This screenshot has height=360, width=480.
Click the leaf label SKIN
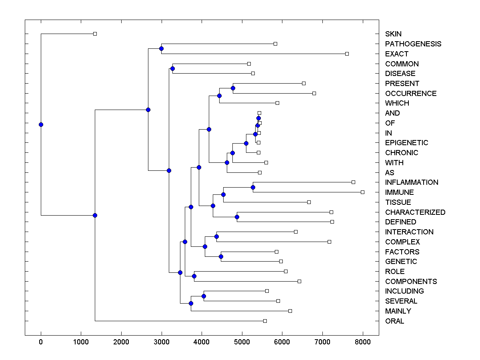(x=394, y=34)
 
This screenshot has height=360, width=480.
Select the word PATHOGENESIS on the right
(x=413, y=44)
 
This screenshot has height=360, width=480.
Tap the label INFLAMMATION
(x=412, y=182)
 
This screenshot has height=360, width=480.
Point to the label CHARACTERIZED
(x=415, y=212)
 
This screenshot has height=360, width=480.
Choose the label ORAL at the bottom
(x=394, y=321)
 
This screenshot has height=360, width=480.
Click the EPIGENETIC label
(x=406, y=143)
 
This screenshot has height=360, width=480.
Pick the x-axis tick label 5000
(x=242, y=342)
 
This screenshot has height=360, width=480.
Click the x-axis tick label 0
(x=41, y=342)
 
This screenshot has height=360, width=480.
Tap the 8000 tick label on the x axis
(x=362, y=342)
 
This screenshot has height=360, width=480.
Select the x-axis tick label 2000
(x=121, y=342)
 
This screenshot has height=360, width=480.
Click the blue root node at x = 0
(x=41, y=124)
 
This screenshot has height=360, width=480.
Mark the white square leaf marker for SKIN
(x=95, y=34)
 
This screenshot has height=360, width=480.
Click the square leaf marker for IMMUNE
(x=362, y=192)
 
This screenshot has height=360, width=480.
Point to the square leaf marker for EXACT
(x=347, y=54)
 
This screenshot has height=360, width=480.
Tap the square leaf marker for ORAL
(x=265, y=321)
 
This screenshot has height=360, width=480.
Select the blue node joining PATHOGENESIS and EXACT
(x=161, y=49)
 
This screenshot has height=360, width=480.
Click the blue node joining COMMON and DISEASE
(x=172, y=68)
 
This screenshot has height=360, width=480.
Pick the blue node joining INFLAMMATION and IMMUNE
(x=253, y=187)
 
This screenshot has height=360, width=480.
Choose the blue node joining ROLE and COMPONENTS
(x=194, y=276)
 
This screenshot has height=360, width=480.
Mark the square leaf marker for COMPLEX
(x=329, y=242)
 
